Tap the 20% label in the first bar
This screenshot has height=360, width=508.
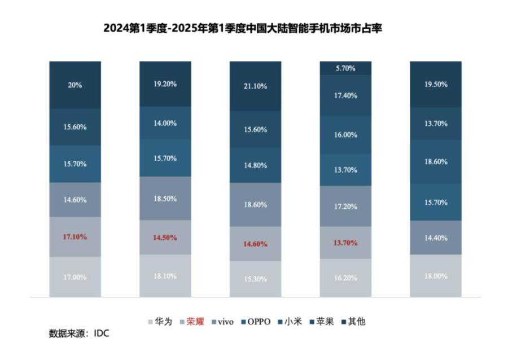click(75, 85)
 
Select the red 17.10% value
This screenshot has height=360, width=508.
click(75, 237)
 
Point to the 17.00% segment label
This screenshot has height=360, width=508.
click(75, 276)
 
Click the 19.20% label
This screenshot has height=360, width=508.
click(165, 84)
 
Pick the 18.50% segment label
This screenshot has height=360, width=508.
click(165, 199)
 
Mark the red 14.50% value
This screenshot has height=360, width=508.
click(165, 238)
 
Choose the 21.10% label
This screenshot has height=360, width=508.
click(256, 86)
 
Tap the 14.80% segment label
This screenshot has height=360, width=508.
click(256, 165)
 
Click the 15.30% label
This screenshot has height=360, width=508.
click(256, 279)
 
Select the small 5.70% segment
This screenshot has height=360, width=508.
click(345, 68)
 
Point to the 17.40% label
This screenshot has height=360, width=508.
click(345, 95)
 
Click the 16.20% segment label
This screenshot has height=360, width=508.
click(345, 278)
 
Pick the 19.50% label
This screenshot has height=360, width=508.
click(436, 84)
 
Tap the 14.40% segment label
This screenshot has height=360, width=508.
click(436, 238)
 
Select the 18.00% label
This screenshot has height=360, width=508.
click(436, 276)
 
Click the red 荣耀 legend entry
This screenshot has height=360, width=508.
click(189, 322)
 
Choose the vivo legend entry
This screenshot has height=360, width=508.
click(225, 322)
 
